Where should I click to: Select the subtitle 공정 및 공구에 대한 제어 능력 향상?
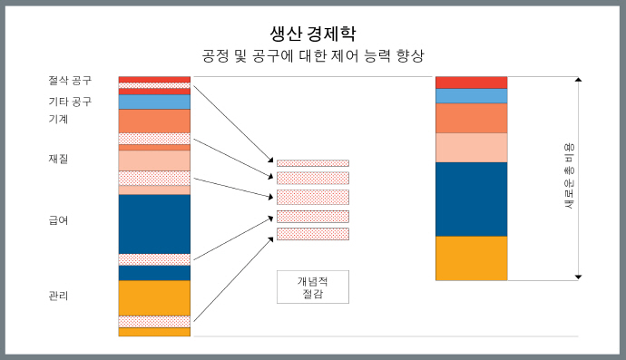pos(312,56)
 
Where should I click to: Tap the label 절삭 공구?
pos(70,81)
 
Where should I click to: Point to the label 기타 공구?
pos(70,101)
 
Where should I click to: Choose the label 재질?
pos(58,160)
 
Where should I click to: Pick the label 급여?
pos(58,220)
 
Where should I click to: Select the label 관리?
pos(58,296)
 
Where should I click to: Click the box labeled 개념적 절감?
pos(312,287)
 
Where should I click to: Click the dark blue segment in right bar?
pos(471,199)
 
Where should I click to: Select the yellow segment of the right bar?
pos(471,258)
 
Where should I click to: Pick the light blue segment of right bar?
pos(471,95)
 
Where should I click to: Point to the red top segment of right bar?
pos(471,83)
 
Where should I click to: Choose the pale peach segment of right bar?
pos(471,147)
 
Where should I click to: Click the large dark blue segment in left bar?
pos(154,223)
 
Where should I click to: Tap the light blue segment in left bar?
pos(154,102)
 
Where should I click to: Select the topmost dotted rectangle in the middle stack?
pos(312,163)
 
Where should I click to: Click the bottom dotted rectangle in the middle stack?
pos(312,234)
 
